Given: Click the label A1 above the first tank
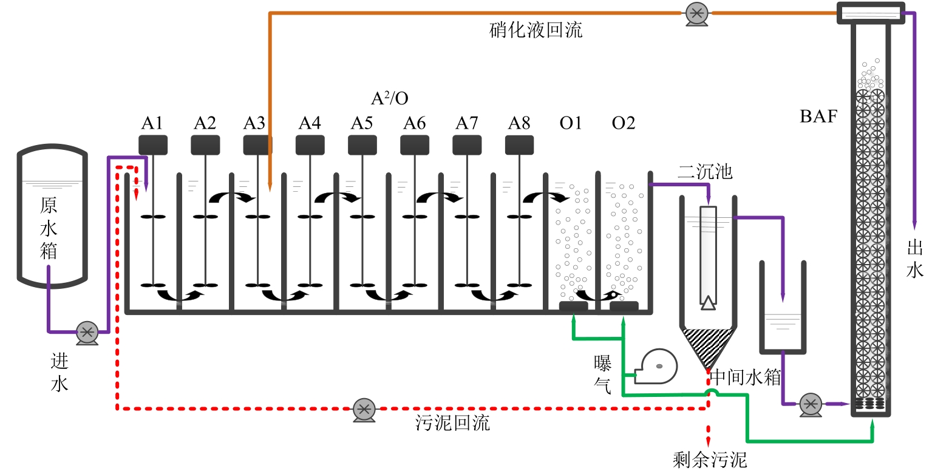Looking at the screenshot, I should click(x=152, y=123).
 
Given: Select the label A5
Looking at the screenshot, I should click(x=362, y=123).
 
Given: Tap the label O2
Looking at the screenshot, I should click(x=624, y=123).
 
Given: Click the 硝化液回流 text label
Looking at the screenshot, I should click(x=536, y=30).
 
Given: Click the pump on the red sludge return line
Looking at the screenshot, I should click(x=364, y=410).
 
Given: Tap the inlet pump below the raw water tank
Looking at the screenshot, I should click(x=87, y=333).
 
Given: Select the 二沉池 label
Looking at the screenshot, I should click(x=706, y=172).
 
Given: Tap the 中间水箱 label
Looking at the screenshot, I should click(x=746, y=378).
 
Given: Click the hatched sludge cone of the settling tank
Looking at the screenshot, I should click(x=708, y=345).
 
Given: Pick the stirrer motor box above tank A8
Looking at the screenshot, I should click(x=519, y=145).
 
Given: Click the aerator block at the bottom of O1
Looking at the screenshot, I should click(x=573, y=306).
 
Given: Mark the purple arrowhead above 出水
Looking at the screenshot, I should click(x=914, y=226).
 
